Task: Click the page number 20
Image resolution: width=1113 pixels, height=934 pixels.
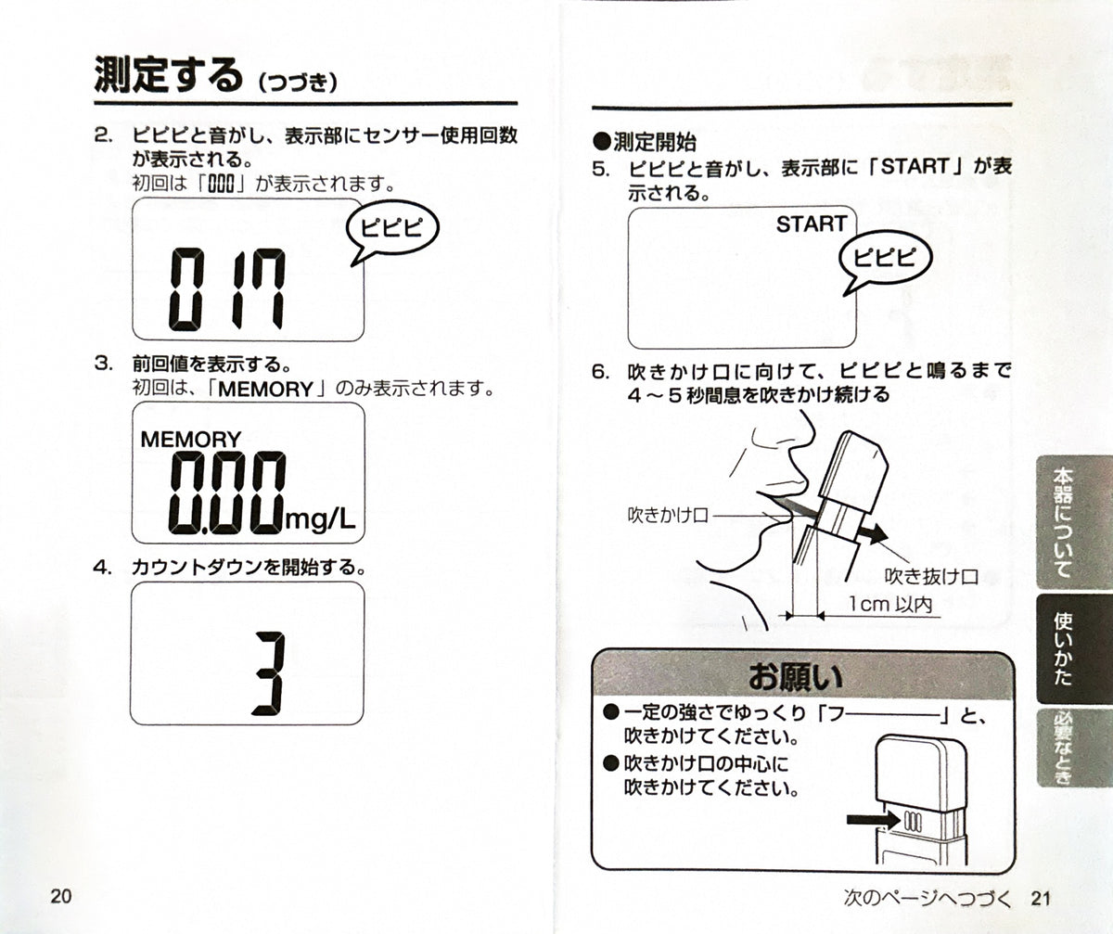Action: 61,896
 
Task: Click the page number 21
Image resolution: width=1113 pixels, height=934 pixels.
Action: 1041,898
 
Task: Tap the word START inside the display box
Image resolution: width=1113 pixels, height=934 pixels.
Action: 812,224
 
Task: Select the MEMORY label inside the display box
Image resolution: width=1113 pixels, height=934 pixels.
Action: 191,440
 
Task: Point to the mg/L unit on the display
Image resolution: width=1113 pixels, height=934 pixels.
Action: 320,519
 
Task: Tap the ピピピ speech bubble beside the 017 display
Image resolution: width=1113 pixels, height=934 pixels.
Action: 392,230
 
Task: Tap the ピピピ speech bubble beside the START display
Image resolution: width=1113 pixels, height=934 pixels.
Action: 886,260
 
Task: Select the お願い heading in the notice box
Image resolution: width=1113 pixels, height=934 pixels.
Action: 796,677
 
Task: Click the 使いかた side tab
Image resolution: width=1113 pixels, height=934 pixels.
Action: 1073,648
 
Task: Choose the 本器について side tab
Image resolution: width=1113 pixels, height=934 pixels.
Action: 1073,522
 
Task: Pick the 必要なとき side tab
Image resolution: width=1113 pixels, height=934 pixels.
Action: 1073,748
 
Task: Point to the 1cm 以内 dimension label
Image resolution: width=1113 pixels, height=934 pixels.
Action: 890,605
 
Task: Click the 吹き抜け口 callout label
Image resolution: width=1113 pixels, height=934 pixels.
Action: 931,576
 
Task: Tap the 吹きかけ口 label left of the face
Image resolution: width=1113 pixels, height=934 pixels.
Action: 668,515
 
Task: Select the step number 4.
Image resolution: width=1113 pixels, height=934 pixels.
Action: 102,568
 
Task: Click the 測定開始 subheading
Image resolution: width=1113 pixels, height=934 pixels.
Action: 645,142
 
